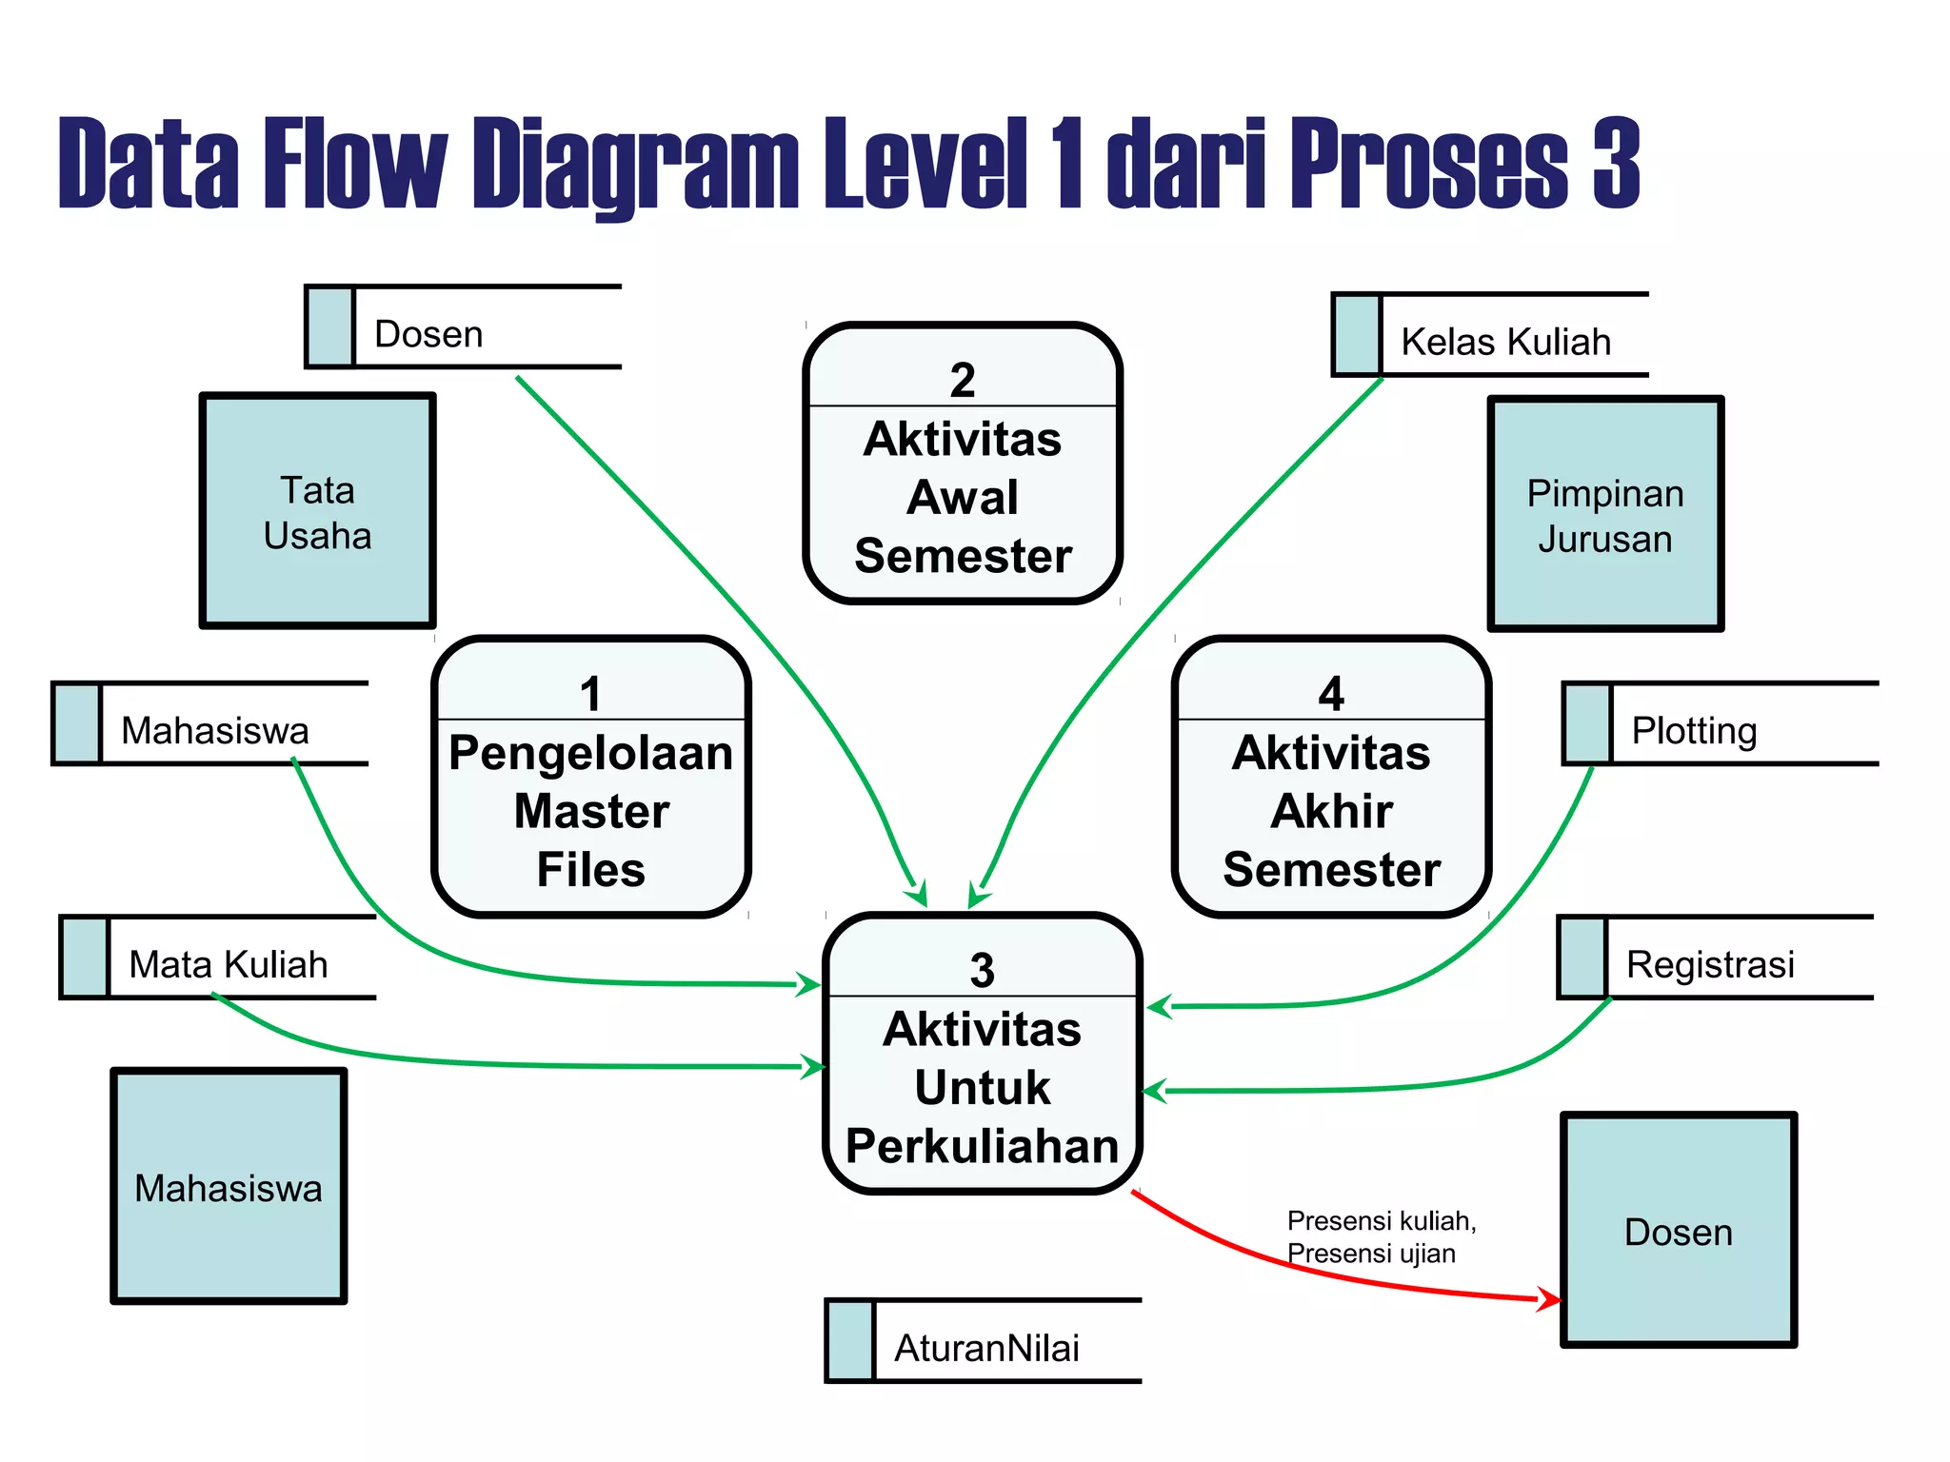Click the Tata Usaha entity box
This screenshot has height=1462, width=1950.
(317, 511)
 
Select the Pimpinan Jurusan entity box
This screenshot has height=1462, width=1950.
(1605, 514)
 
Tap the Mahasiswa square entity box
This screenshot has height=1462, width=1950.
(229, 1186)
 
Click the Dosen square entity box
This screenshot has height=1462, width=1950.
(1678, 1230)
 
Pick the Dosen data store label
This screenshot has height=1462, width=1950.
(428, 334)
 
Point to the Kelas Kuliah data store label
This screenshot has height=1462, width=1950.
(1505, 342)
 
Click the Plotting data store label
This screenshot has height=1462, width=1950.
(1694, 730)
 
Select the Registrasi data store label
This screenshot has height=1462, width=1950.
(1710, 964)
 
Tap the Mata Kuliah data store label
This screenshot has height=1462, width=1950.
(229, 964)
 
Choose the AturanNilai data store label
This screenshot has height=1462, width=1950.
(986, 1348)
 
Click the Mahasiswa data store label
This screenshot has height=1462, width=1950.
(215, 730)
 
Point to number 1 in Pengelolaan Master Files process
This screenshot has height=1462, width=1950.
(591, 694)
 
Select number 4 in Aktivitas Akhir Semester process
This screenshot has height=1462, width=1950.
(1331, 694)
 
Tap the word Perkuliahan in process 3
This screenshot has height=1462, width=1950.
(982, 1146)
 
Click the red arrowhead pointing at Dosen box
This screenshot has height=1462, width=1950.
(1549, 1298)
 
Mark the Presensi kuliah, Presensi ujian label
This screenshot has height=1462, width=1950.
(1381, 1236)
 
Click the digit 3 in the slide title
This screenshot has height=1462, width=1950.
(1616, 164)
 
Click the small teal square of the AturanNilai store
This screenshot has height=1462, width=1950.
(850, 1340)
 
